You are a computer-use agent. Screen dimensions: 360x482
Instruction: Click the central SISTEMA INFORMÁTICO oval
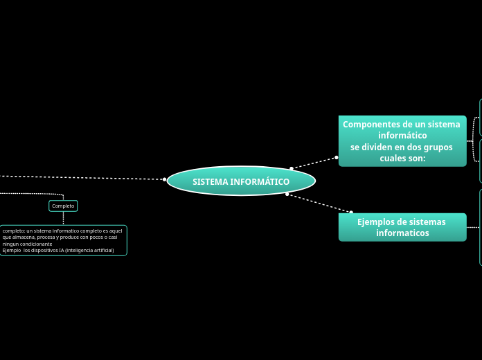(x=241, y=181)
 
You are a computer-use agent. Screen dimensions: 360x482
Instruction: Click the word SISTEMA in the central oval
(x=211, y=181)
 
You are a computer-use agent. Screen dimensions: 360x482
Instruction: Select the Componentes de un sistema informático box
(x=402, y=141)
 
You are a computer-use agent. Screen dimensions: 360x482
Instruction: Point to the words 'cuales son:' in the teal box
(x=402, y=159)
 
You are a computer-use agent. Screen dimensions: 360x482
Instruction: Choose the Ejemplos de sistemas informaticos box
(x=402, y=227)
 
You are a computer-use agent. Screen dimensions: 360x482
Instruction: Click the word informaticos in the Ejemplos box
(x=402, y=233)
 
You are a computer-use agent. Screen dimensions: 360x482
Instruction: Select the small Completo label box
(x=63, y=206)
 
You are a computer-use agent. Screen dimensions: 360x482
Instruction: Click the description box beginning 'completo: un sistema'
(x=63, y=240)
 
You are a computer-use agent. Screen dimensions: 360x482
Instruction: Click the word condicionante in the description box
(x=36, y=244)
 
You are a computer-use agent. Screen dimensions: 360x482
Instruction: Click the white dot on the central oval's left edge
(x=165, y=179)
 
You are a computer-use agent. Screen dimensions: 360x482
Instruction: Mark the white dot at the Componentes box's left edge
(x=337, y=157)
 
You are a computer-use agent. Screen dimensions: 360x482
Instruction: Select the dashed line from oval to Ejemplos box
(x=319, y=203)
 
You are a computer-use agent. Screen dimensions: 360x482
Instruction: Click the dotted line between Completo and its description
(x=63, y=218)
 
